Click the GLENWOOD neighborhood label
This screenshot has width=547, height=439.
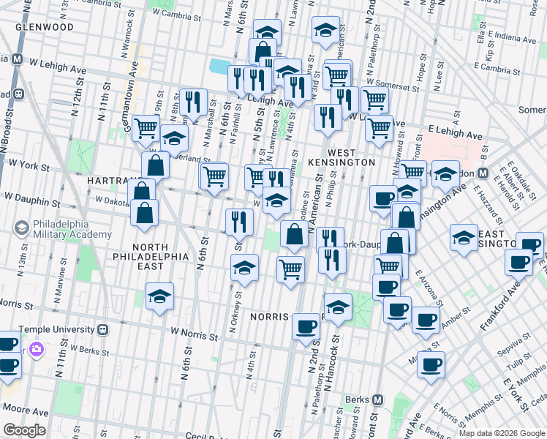tap(47, 26)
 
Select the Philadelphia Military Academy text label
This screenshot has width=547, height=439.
tap(72, 229)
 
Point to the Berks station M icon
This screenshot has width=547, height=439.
tap(377, 400)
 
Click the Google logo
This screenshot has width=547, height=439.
tap(25, 430)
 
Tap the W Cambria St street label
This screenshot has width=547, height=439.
tap(177, 14)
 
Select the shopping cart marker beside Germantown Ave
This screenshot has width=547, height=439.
tap(146, 127)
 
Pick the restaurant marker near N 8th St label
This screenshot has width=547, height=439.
tap(192, 102)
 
